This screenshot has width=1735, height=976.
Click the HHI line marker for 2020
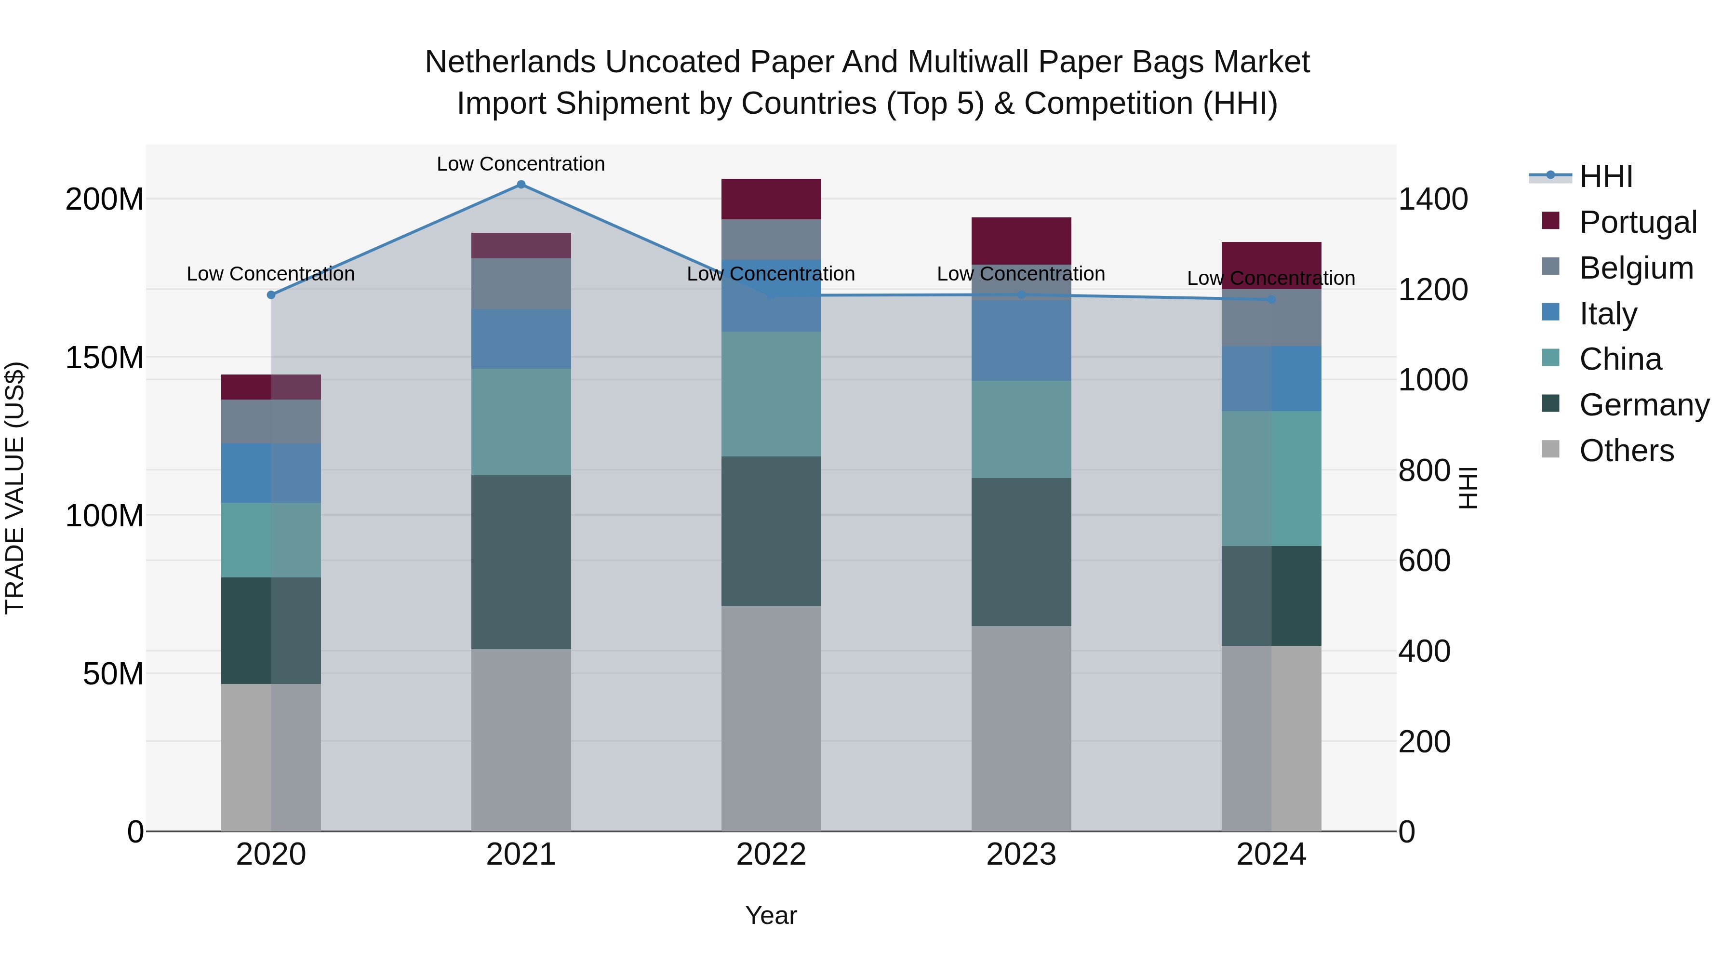coord(271,295)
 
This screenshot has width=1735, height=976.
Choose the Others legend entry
coord(1626,451)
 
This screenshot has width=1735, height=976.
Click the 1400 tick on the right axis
coord(1433,200)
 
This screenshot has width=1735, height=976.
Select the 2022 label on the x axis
coord(771,855)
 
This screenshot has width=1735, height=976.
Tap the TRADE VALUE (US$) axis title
coord(15,488)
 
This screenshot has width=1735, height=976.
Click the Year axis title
coord(771,915)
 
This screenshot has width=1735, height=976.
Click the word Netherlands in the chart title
coord(510,62)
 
